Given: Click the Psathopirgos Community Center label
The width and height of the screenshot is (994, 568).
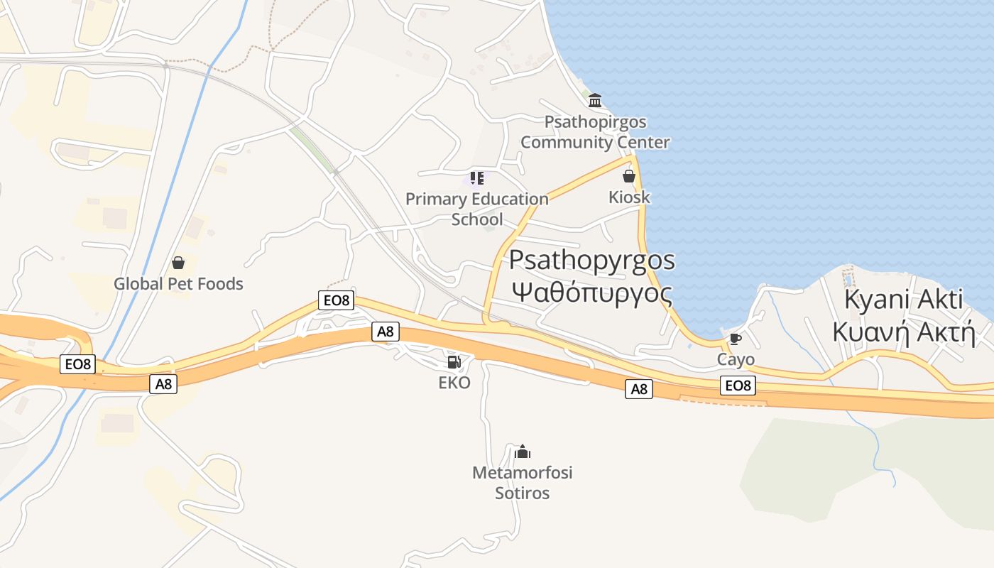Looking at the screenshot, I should [x=595, y=132].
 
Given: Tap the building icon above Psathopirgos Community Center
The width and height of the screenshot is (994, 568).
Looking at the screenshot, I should [x=595, y=100].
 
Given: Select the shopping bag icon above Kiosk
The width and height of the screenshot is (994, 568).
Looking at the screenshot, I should [x=628, y=176].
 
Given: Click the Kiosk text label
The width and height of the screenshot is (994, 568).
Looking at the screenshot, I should [x=629, y=197].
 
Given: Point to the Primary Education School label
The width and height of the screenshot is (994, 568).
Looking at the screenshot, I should [x=477, y=209].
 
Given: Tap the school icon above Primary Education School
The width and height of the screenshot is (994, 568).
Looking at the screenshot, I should [x=477, y=177].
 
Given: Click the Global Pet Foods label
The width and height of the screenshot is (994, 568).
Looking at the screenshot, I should [x=178, y=284].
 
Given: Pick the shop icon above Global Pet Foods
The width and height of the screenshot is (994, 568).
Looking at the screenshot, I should [x=178, y=263].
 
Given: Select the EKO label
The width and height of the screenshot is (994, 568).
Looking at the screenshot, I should [x=454, y=383].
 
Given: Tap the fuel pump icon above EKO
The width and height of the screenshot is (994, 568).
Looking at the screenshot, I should [x=454, y=362].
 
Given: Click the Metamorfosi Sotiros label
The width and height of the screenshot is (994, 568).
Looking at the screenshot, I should [x=522, y=482].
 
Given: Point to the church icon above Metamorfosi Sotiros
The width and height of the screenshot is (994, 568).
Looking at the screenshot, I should [x=523, y=452].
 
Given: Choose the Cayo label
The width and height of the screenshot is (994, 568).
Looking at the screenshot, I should [x=736, y=359].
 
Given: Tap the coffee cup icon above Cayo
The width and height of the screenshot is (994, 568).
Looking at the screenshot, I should [x=735, y=339].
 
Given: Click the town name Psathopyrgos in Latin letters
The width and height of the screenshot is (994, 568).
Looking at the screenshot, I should [x=591, y=260].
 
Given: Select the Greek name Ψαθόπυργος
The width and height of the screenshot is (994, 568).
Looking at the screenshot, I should [x=591, y=292].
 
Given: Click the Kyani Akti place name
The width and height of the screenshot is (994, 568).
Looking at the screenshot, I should [x=904, y=300].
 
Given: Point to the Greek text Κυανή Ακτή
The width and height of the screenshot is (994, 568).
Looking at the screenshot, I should [x=904, y=332].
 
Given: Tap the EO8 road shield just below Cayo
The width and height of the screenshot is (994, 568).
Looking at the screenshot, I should [x=738, y=386].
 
